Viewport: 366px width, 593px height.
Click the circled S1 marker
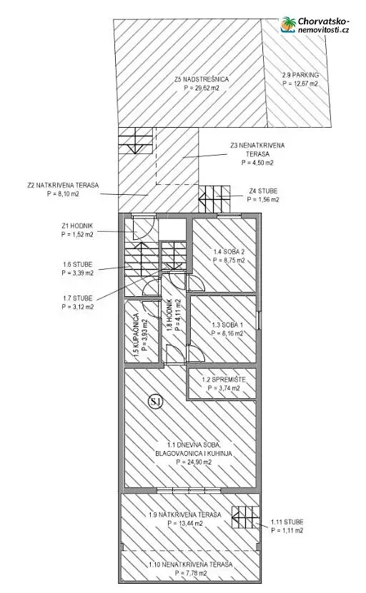pyautogui.click(x=155, y=402)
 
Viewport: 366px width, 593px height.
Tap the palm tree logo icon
pyautogui.click(x=288, y=24)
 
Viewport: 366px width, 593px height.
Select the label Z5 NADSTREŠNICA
pyautogui.click(x=202, y=79)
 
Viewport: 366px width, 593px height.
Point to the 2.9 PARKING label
pyautogui.click(x=300, y=75)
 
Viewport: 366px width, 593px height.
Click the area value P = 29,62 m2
pyautogui.click(x=202, y=88)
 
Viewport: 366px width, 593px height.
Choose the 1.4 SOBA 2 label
pyautogui.click(x=229, y=252)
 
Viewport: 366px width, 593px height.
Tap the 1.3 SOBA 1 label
pyautogui.click(x=227, y=325)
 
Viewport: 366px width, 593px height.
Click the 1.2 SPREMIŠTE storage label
pyautogui.click(x=224, y=380)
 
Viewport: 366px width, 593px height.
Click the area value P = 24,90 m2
pyautogui.click(x=194, y=462)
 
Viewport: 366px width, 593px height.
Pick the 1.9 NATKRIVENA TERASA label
pyautogui.click(x=185, y=515)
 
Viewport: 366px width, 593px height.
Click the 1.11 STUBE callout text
pyautogui.click(x=287, y=522)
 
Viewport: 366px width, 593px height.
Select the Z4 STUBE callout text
pyautogui.click(x=263, y=191)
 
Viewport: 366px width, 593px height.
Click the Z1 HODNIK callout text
pyautogui.click(x=77, y=225)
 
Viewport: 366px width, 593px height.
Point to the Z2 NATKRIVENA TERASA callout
pyautogui.click(x=63, y=186)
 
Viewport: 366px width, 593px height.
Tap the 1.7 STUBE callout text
pyautogui.click(x=78, y=298)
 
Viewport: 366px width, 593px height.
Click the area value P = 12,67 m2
pyautogui.click(x=300, y=83)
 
